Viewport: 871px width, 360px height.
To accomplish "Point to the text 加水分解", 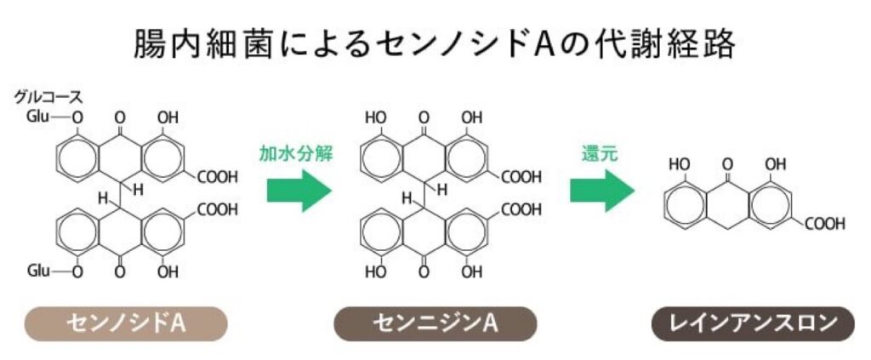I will tap(294, 155).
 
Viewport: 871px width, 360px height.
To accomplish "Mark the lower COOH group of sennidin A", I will tap(521, 209).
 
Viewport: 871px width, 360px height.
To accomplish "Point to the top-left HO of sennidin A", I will tap(375, 117).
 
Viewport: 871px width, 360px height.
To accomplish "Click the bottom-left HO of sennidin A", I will tap(375, 272).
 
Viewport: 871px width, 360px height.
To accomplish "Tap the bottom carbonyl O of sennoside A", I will tap(120, 272).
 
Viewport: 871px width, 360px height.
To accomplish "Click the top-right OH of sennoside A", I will tap(168, 117).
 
